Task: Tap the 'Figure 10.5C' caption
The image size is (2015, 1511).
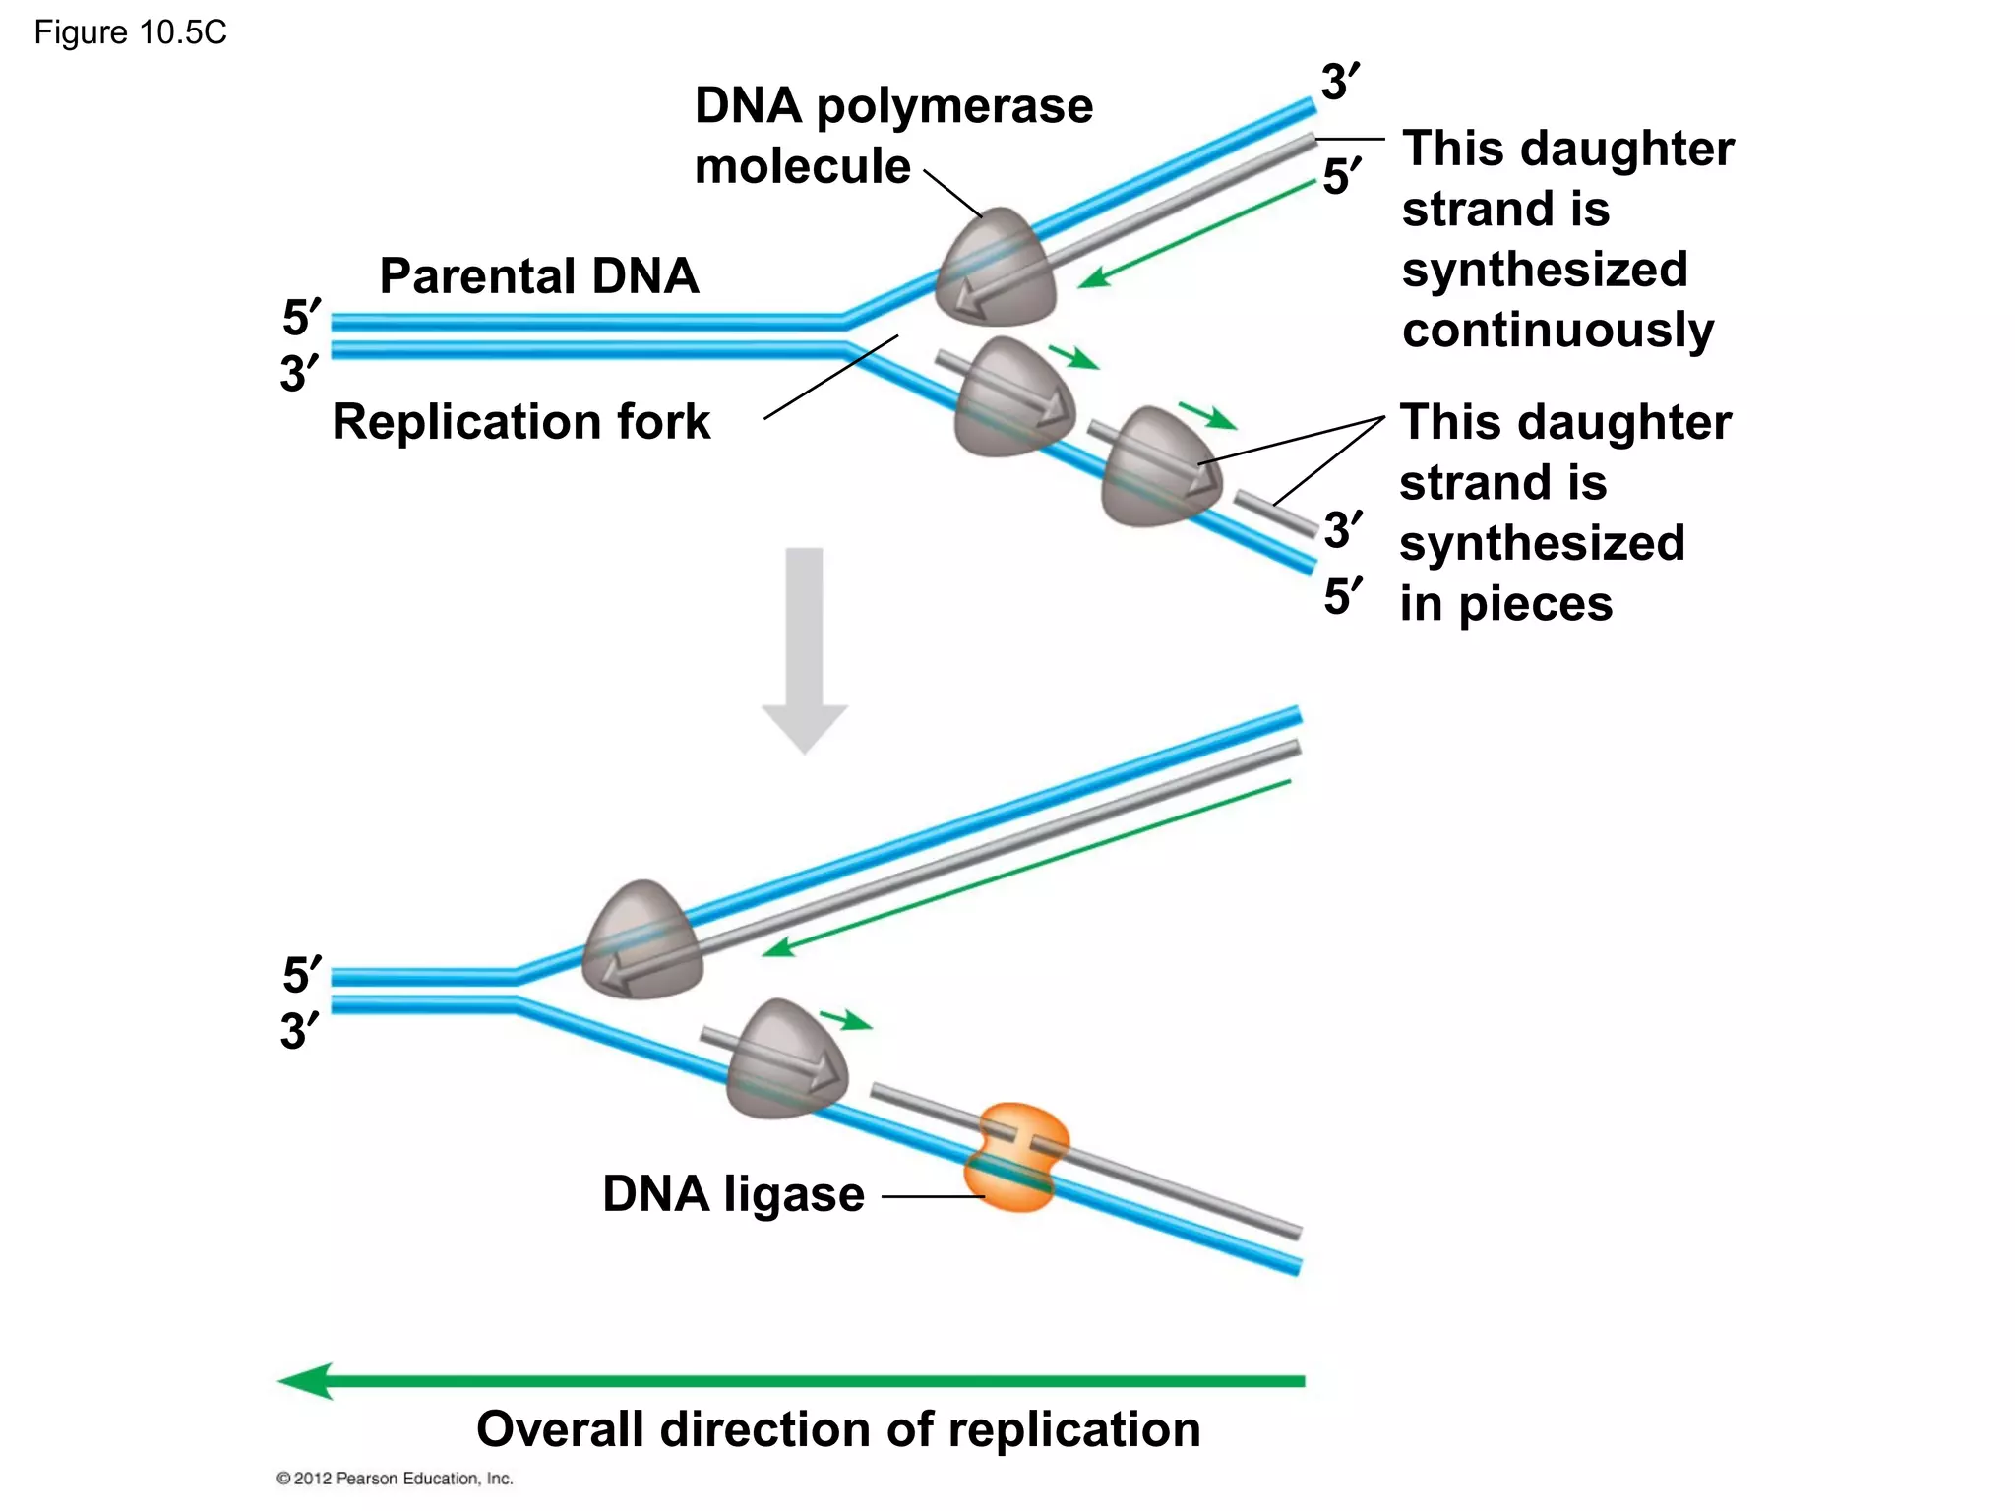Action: [130, 32]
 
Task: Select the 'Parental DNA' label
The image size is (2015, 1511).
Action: [539, 275]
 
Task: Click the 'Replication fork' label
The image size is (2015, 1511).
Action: [520, 421]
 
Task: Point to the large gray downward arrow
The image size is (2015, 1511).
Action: [805, 650]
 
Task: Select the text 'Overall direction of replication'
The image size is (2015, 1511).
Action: [838, 1428]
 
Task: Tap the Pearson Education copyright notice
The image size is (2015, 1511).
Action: [395, 1478]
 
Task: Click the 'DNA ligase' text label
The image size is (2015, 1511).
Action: [733, 1193]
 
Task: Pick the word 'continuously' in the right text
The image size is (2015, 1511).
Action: [1557, 330]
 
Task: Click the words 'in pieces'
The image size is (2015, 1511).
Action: [1505, 603]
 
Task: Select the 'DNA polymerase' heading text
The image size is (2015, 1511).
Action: [893, 105]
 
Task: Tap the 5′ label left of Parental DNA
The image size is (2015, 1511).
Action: [301, 318]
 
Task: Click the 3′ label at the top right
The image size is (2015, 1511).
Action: [1340, 81]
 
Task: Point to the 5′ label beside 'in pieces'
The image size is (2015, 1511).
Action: [1343, 596]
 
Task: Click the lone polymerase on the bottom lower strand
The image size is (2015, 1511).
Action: [785, 1060]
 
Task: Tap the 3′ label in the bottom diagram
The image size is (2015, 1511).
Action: [299, 1031]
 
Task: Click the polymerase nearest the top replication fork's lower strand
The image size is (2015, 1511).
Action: [1013, 398]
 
